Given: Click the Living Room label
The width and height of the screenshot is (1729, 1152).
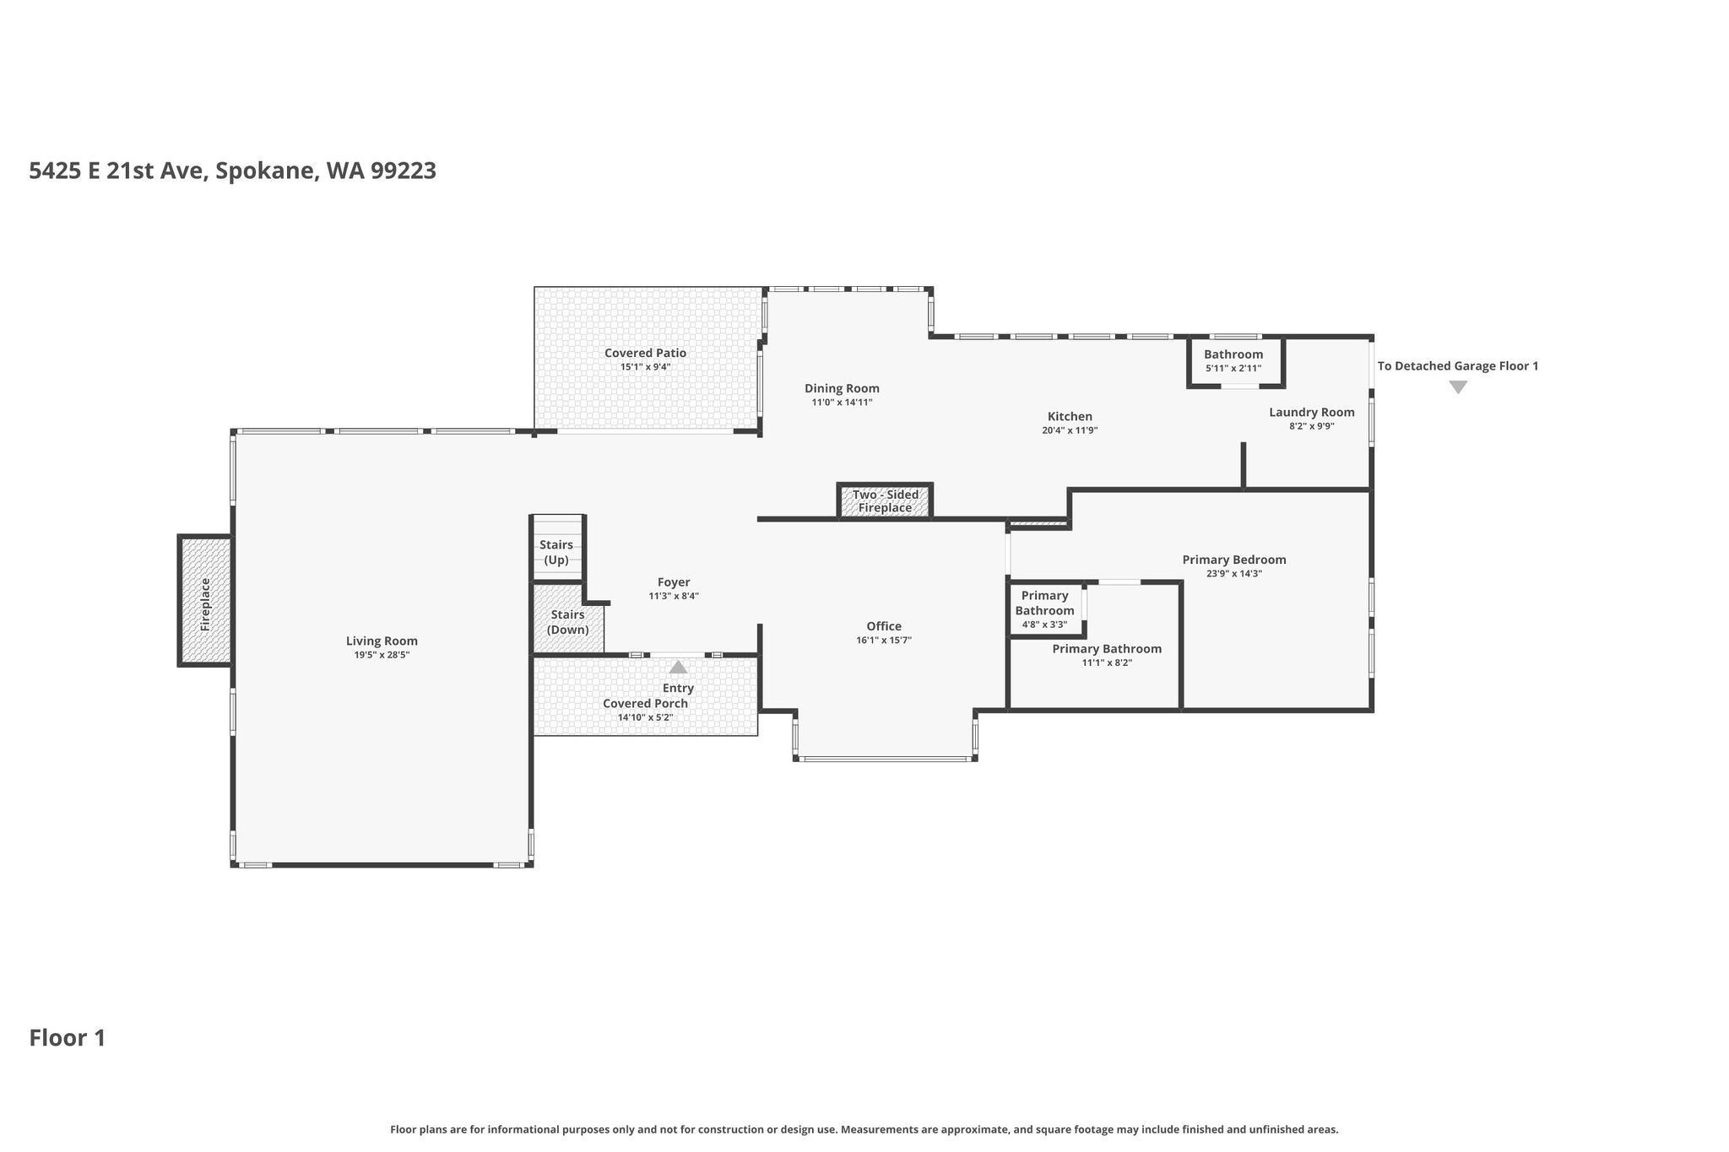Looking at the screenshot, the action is click(382, 641).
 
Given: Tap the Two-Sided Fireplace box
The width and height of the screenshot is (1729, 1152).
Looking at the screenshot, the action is click(885, 501).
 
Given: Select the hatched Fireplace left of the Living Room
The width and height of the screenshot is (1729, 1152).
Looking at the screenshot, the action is click(205, 601).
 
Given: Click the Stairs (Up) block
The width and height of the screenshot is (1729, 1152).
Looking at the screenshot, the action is click(557, 547).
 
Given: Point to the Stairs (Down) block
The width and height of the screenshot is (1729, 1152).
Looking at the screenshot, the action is click(567, 619).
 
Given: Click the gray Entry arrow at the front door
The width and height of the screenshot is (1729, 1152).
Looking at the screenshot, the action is click(678, 667).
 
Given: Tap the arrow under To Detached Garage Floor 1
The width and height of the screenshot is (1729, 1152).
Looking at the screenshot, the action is click(1458, 387).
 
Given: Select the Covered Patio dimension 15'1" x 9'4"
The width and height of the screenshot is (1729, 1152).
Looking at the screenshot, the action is click(645, 367).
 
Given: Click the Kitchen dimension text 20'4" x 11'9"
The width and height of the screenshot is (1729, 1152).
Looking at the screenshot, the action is click(1070, 430).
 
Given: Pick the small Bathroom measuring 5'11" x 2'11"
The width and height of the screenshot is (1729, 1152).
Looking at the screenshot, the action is click(1236, 362).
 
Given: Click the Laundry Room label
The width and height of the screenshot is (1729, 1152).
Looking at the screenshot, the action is click(1311, 412).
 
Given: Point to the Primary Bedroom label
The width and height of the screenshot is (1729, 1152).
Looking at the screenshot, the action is click(1233, 560).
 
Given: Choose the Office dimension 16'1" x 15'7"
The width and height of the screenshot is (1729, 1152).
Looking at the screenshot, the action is click(884, 641).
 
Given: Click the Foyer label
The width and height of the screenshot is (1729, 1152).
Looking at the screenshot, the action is click(674, 582).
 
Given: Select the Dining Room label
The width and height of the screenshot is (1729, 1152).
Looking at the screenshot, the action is click(842, 388).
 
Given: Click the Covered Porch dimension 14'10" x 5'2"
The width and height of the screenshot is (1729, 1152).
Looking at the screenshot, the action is click(645, 718).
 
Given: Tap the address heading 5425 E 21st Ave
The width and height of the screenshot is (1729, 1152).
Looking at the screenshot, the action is click(116, 171).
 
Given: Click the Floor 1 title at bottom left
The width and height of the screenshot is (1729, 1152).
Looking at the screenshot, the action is click(68, 1038).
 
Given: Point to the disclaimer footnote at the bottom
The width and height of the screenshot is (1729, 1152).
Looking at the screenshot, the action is click(864, 1129).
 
